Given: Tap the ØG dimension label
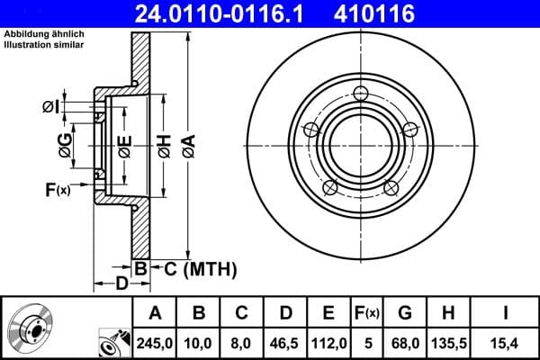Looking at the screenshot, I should point(66,144).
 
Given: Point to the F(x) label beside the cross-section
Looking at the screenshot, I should point(57,190).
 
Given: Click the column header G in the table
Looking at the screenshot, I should point(405,312).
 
